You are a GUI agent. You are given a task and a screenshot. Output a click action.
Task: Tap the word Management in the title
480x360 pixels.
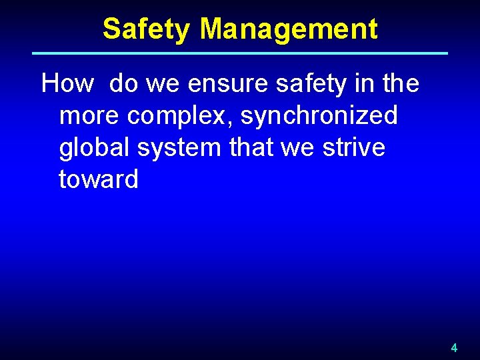pyautogui.click(x=289, y=29)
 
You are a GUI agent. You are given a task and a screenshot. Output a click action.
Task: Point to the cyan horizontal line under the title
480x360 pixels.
pyautogui.click(x=240, y=53)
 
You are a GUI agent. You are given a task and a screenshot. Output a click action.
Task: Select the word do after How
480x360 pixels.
pyautogui.click(x=123, y=84)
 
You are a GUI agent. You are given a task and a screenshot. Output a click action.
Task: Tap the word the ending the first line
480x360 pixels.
pyautogui.click(x=397, y=84)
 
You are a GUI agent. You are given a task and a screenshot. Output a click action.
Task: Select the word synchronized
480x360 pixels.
pyautogui.click(x=319, y=116)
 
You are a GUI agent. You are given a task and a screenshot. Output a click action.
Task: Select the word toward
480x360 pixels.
pyautogui.click(x=99, y=180)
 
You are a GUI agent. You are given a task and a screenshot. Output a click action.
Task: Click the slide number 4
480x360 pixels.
pyautogui.click(x=454, y=347)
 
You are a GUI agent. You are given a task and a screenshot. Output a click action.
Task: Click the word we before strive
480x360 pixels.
pyautogui.click(x=299, y=148)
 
